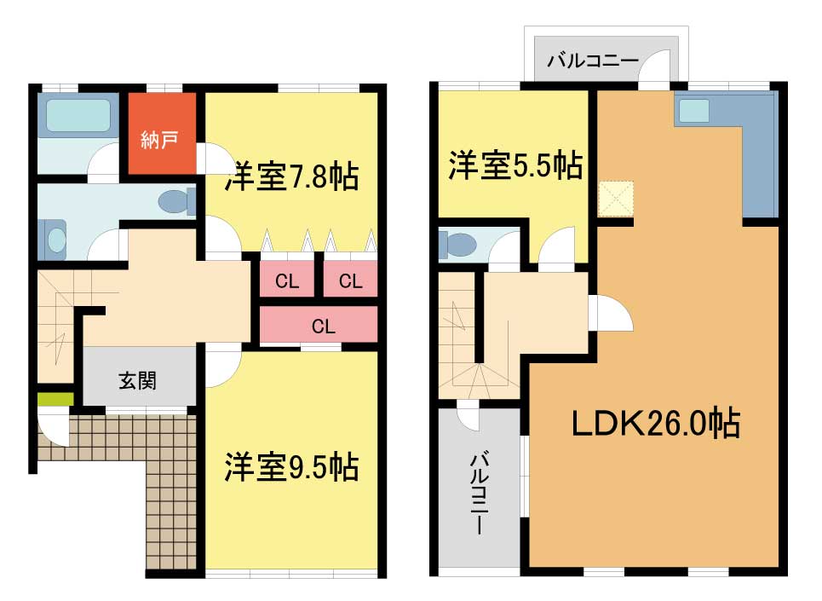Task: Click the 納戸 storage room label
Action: click(159, 140)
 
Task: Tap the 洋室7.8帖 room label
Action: click(292, 176)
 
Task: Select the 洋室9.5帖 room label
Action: click(292, 467)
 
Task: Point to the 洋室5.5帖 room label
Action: click(515, 165)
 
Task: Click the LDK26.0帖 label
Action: click(656, 423)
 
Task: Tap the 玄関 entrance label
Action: click(138, 381)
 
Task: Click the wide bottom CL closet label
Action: click(323, 327)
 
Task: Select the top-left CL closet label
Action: click(287, 281)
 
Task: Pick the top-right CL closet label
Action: click(350, 281)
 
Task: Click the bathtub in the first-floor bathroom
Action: click(78, 115)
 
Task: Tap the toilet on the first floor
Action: click(177, 202)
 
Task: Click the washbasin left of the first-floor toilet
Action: click(56, 240)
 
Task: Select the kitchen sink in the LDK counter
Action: click(694, 111)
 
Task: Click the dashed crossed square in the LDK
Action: click(616, 199)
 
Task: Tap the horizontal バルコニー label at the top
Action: click(593, 61)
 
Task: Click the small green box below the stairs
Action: click(55, 399)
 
